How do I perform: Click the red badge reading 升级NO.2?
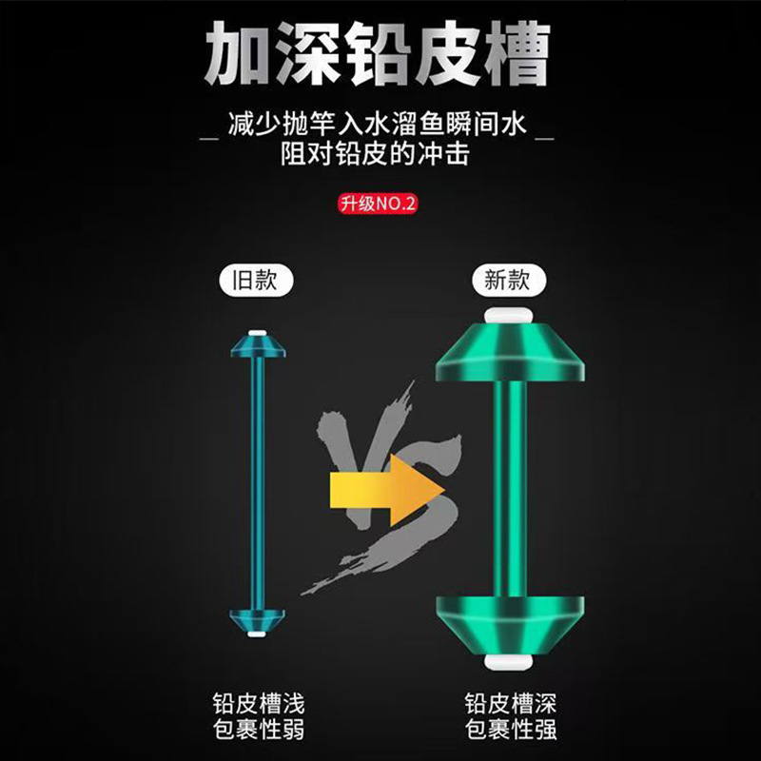tap(379, 204)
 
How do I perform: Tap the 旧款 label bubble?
tap(256, 281)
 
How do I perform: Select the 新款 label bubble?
tap(507, 281)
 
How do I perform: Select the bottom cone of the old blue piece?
tap(257, 619)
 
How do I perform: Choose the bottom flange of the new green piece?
tap(509, 623)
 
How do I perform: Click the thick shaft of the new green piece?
tap(510, 485)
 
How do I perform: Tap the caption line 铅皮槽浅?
tap(258, 705)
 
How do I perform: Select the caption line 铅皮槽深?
tap(510, 705)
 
